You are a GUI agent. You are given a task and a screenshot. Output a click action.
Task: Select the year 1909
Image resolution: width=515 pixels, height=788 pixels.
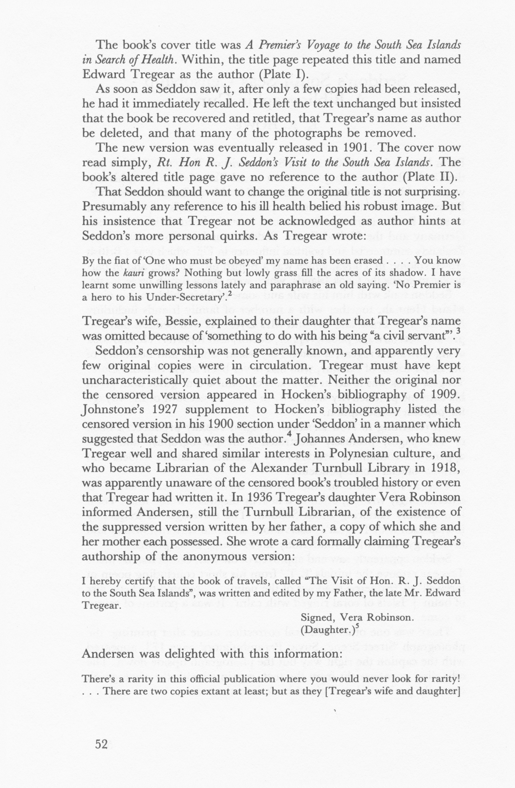pyautogui.click(x=444, y=395)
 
